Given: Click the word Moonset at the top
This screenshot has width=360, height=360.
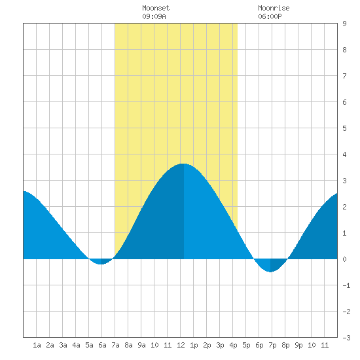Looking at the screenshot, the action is (156, 8).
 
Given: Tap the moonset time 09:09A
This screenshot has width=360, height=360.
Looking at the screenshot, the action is (154, 16).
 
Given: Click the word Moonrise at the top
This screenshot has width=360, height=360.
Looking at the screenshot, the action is (274, 8).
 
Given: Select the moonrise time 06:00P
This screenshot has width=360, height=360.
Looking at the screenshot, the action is (270, 16).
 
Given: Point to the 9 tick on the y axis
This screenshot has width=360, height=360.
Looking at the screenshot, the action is (344, 24).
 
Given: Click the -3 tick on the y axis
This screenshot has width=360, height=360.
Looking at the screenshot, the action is (346, 338).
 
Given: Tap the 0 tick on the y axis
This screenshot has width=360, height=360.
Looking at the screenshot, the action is (344, 259).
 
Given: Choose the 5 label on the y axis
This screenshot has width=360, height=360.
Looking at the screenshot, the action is (344, 128).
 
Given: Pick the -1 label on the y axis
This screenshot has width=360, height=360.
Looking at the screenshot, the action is (346, 285).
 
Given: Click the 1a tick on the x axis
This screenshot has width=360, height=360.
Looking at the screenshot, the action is (37, 345).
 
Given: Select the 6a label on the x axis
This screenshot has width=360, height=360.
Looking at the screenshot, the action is (102, 345).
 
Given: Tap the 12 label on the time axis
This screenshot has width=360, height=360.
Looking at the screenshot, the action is (181, 345).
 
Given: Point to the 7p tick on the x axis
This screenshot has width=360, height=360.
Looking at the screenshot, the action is (272, 345).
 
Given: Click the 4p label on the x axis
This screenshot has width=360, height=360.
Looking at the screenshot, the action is (233, 345).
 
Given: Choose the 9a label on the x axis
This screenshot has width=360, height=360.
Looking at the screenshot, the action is (141, 345).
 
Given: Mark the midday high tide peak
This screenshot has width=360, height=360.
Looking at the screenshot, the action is (183, 164).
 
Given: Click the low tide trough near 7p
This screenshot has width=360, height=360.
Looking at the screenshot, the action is (270, 272).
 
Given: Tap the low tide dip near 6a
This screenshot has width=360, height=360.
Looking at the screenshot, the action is (101, 264).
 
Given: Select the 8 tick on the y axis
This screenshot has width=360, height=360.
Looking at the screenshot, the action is (344, 50).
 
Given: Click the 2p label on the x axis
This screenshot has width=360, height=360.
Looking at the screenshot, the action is (207, 345).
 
